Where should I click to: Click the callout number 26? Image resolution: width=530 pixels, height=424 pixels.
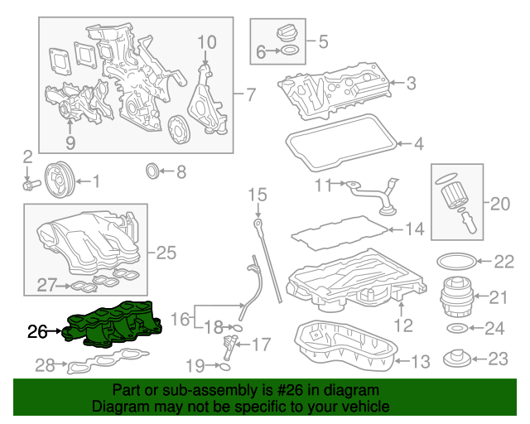pos(38,332)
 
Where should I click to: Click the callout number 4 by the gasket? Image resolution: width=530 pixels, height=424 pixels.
pos(418,144)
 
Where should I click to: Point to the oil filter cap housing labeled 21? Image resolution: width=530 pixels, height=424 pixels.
pos(452,296)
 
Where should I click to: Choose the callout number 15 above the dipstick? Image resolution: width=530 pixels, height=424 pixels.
pos(258,195)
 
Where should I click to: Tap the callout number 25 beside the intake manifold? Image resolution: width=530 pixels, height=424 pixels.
pos(166,253)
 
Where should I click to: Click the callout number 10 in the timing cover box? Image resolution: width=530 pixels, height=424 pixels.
pos(206,41)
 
